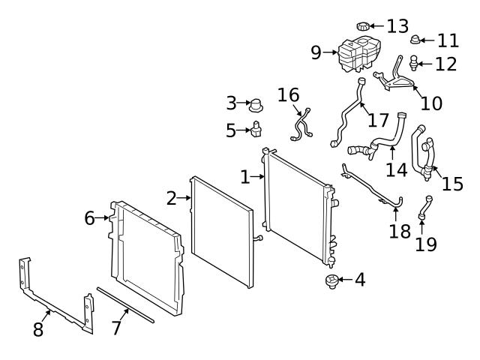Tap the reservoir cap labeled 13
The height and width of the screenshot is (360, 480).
tap(364, 28)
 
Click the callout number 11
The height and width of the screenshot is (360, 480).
tap(447, 40)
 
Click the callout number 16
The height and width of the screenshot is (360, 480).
tap(288, 95)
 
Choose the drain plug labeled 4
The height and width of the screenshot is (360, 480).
tap(329, 283)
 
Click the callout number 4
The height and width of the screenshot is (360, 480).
tap(360, 280)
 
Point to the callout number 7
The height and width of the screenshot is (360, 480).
tap(116, 328)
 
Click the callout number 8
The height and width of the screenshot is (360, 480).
tap(38, 328)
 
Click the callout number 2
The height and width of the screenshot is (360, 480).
tap(171, 198)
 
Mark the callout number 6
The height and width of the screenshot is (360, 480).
tap(90, 218)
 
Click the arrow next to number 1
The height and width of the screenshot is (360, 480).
tap(258, 178)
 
